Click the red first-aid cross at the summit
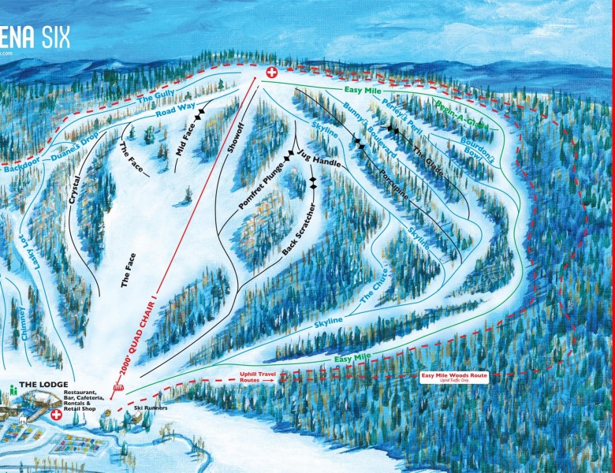[273, 73]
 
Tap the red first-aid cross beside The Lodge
[57, 413]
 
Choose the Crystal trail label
[76, 190]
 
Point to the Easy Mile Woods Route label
[456, 376]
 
